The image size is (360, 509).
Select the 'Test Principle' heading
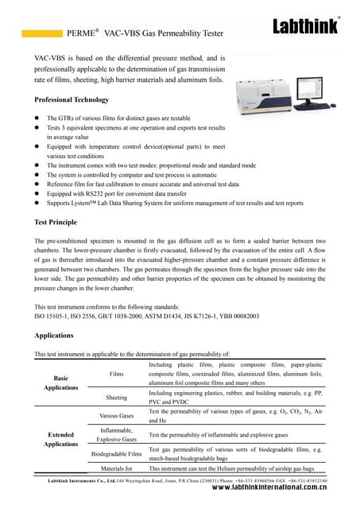(56, 222)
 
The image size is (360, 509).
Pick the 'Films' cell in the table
(117, 373)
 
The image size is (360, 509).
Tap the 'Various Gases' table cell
(116, 416)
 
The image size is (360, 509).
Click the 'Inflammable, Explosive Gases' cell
(116, 434)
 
